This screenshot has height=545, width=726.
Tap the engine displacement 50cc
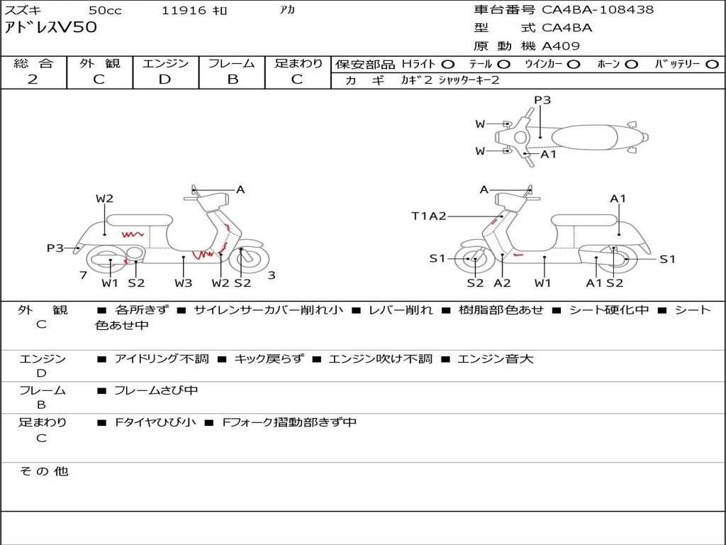point(105,11)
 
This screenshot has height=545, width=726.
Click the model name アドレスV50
point(50,28)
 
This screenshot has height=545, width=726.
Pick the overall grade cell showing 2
point(33,79)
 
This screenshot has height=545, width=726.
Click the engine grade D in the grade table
point(165,79)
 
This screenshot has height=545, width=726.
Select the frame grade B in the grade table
point(233,79)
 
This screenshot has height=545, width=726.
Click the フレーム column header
point(232,64)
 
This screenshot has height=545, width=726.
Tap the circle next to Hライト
point(448,64)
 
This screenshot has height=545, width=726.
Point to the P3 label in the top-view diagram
point(542,100)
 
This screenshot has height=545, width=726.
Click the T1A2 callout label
point(428,216)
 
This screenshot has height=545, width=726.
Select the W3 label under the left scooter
point(184,283)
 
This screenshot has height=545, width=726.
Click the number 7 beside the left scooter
point(83,275)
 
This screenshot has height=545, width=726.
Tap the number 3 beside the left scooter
point(272,275)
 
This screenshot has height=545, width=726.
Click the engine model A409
point(561,46)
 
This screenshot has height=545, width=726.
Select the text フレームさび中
point(156,390)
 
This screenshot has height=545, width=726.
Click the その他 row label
point(43,471)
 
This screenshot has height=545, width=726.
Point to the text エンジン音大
point(496,359)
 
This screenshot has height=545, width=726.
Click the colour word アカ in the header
point(287,11)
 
